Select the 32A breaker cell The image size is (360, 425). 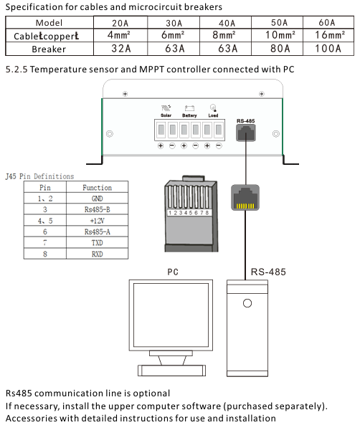tap(121, 49)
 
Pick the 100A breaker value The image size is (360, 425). tap(328, 49)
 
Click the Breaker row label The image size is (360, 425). tap(49, 49)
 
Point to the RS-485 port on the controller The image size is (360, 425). tap(246, 133)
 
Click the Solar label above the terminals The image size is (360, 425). tap(166, 115)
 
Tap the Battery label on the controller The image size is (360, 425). tap(189, 115)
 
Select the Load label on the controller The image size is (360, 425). tap(213, 115)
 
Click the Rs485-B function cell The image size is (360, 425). tap(97, 209)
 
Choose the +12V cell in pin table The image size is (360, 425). tap(97, 221)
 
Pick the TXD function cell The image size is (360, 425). tap(97, 242)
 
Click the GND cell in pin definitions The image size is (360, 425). tap(97, 199)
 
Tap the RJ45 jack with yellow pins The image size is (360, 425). tap(245, 198)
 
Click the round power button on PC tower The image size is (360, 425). tap(247, 303)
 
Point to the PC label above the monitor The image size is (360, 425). tap(173, 272)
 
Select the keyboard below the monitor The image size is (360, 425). tap(171, 371)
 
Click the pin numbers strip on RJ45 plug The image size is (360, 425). tap(188, 213)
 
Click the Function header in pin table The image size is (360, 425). tap(97, 188)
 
